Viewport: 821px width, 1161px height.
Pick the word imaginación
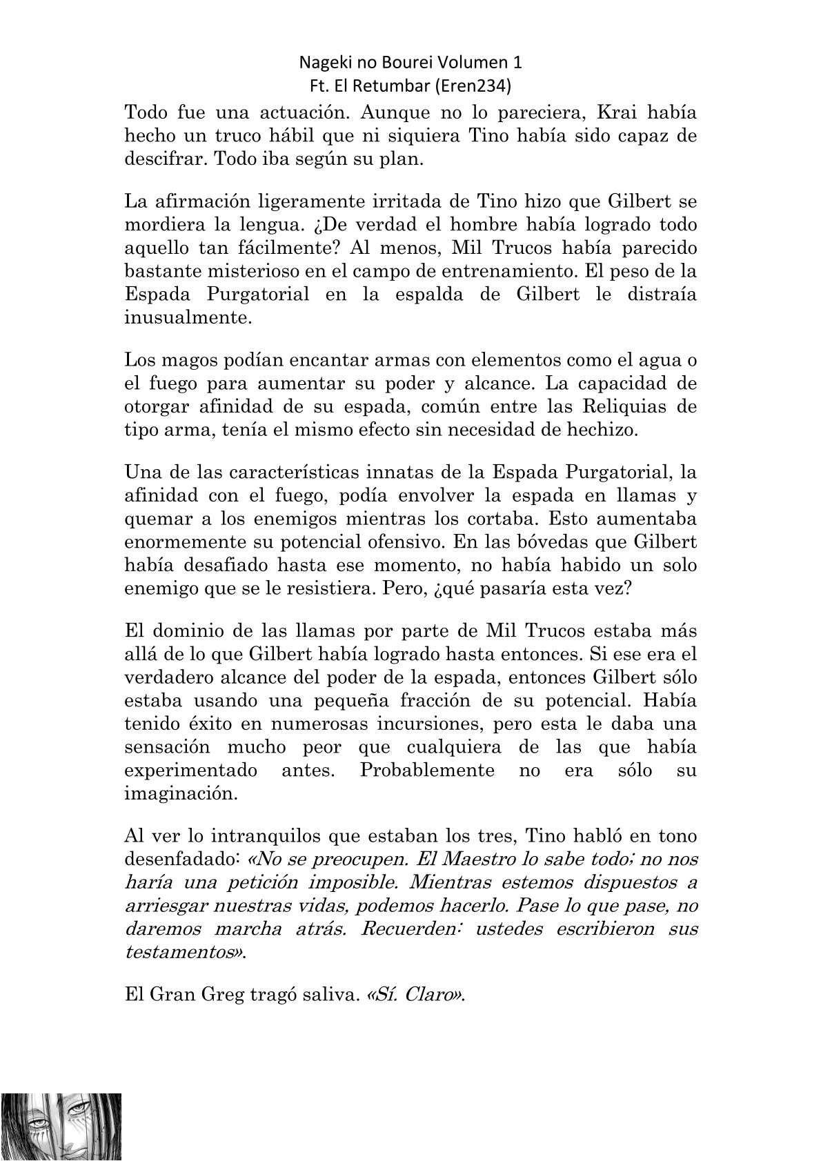(181, 793)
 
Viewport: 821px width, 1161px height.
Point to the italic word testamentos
(185, 953)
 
